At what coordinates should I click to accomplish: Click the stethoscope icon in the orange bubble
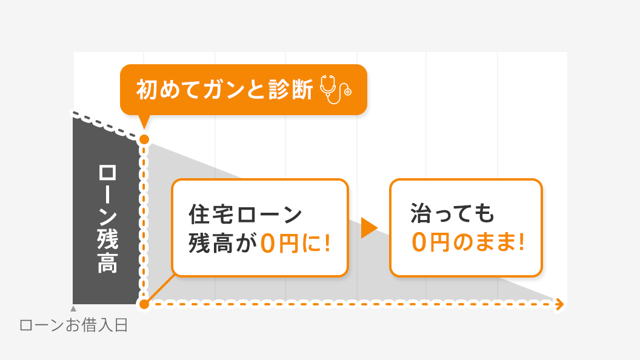pos(336,89)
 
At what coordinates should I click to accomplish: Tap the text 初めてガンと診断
pos(224,89)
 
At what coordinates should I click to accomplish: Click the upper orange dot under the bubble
pos(144,139)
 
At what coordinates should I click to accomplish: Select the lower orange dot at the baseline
pos(144,304)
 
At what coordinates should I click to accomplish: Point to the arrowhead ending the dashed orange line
pos(560,304)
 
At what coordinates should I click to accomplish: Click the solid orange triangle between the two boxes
pos(369,228)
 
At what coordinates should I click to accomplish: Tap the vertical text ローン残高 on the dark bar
pos(107,219)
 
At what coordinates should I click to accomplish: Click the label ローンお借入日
pos(74,325)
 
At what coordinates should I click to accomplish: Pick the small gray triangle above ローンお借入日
pos(73,308)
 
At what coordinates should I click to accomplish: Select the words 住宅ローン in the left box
pos(245,215)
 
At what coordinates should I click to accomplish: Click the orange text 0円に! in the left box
pos(295,243)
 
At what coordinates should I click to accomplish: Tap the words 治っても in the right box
pos(452,213)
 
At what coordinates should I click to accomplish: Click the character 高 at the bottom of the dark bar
pos(107,263)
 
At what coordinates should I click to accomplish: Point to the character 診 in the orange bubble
pos(279,89)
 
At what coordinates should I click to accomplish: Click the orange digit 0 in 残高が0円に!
pos(268,243)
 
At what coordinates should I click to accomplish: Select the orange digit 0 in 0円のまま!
pos(419,242)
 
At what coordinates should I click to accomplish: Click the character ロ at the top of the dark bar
pos(107,173)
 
